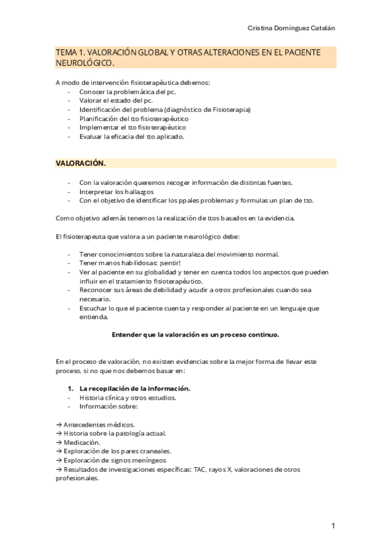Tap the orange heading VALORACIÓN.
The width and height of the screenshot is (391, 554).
tap(80, 163)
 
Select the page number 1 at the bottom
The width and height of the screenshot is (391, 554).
tap(332, 526)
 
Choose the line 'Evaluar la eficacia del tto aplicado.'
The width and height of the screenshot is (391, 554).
tap(132, 137)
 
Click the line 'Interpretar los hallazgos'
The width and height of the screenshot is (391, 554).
tap(117, 191)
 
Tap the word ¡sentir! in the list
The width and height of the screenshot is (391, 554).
tap(166, 263)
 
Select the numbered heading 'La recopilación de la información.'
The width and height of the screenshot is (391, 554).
tap(134, 387)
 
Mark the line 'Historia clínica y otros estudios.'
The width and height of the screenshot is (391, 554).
tap(127, 397)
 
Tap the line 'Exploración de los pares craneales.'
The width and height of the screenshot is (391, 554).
tap(117, 451)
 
